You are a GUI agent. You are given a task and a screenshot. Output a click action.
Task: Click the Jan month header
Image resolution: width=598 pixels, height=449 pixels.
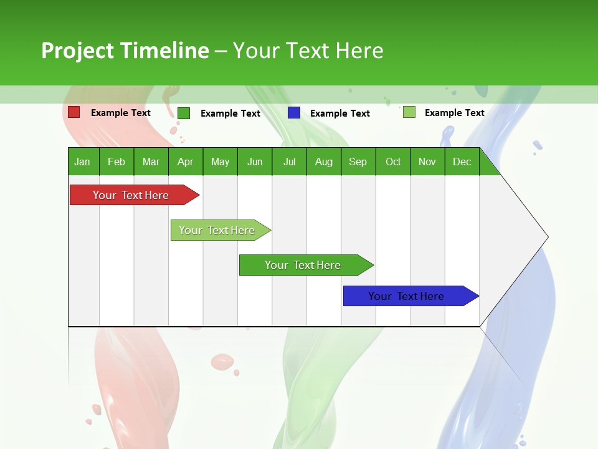tap(82, 162)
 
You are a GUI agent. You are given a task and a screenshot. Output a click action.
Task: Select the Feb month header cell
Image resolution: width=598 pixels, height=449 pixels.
tap(116, 162)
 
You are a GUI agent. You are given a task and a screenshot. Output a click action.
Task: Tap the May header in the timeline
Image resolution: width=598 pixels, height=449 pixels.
tap(220, 162)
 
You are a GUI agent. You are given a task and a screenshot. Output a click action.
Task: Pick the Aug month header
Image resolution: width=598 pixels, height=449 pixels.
tap(323, 162)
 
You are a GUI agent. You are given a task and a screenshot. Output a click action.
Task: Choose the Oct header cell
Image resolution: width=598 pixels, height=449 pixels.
tap(393, 162)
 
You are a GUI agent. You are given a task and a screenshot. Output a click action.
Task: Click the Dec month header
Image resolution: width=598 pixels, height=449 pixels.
tap(462, 162)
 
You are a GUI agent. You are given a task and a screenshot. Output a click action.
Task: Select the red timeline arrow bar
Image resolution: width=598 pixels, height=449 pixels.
tap(131, 195)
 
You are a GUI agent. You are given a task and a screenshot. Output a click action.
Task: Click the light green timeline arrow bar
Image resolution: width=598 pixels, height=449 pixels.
tap(217, 230)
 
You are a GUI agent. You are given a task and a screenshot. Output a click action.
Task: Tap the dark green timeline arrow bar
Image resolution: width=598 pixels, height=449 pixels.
tap(303, 265)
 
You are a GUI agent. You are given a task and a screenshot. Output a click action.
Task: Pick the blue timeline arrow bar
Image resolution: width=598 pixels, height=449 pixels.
tap(406, 296)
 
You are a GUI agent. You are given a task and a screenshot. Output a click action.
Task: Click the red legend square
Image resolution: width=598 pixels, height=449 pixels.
tap(74, 112)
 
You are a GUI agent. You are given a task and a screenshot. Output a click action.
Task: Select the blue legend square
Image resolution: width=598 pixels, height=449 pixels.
tap(294, 113)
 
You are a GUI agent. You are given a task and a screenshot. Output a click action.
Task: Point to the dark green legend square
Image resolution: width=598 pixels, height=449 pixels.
tap(184, 113)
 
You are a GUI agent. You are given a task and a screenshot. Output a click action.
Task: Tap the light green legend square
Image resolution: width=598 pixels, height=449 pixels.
tap(409, 112)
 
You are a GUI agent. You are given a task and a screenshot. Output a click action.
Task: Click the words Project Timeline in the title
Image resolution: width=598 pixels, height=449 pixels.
tap(125, 51)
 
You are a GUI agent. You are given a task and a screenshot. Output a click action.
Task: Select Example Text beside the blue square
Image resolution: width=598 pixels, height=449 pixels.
tap(340, 113)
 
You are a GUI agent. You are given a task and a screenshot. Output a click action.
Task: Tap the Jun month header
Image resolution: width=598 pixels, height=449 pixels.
tap(255, 162)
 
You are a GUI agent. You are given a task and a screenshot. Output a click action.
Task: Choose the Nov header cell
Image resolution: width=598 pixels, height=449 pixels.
tap(427, 162)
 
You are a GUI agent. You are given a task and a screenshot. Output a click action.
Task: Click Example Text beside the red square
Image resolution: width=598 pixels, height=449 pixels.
tap(121, 113)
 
